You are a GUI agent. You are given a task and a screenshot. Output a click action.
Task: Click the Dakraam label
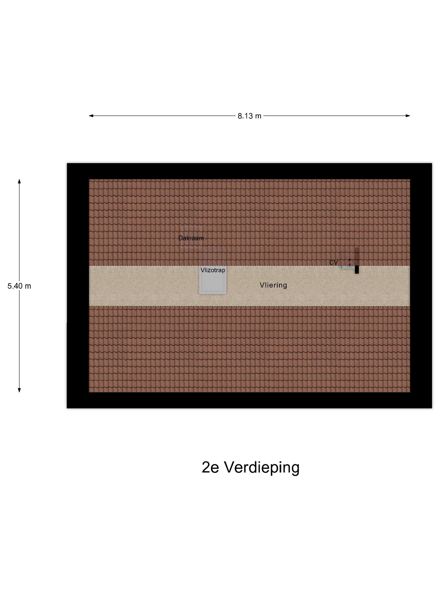tap(191, 238)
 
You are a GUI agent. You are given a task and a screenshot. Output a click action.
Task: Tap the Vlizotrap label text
tap(213, 270)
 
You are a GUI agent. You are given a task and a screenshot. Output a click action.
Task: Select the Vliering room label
tap(273, 285)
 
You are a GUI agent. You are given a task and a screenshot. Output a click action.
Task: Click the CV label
tap(333, 263)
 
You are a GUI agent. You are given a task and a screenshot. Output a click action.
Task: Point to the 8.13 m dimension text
tap(249, 116)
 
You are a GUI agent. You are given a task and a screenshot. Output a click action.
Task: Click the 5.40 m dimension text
tap(19, 286)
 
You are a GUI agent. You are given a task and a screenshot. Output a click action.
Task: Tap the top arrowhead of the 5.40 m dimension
tap(19, 181)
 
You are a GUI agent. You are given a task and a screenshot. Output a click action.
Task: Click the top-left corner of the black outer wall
tap(67, 163)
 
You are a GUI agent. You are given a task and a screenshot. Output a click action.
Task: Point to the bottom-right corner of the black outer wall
tap(432, 408)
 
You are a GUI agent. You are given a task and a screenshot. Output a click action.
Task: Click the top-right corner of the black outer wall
tap(432, 163)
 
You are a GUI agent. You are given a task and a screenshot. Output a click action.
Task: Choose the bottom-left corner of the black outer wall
tap(67, 408)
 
